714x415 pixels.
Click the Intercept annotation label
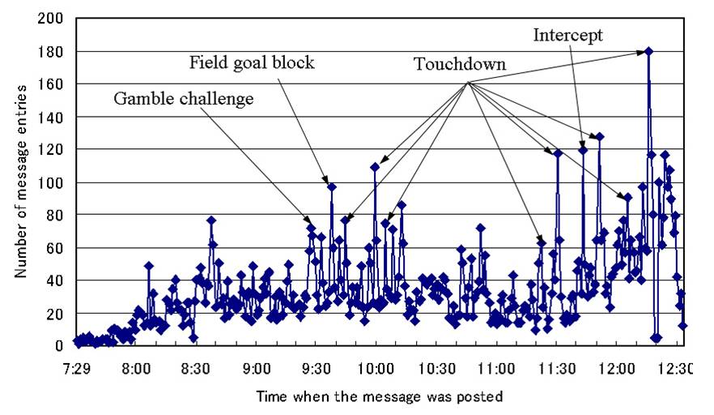coord(567,35)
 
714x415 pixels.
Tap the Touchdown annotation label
coord(459,64)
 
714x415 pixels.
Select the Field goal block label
coord(252,62)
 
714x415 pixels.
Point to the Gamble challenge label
coord(184,99)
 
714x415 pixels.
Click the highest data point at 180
coord(648,51)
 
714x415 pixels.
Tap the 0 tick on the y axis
coord(60,346)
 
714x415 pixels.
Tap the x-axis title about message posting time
coord(380,397)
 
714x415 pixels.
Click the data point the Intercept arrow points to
coord(583,150)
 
